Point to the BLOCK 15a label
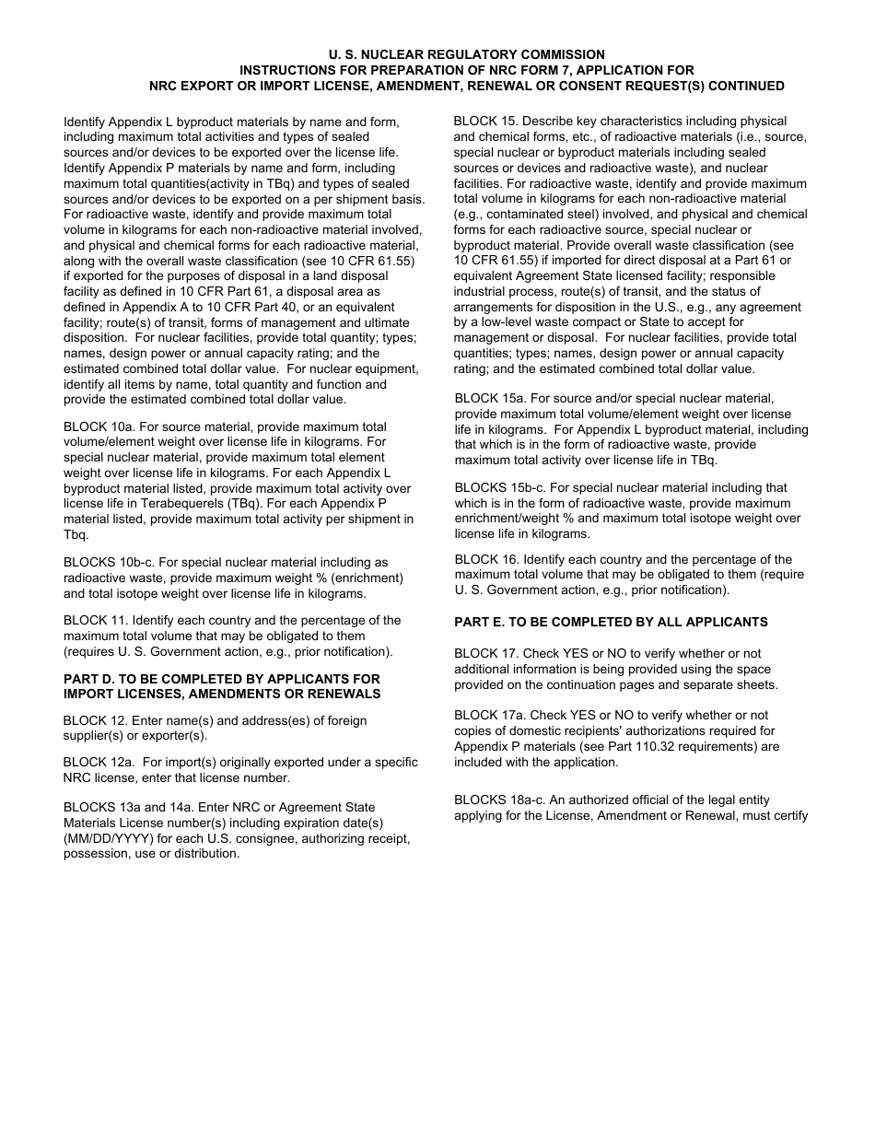pyautogui.click(x=489, y=399)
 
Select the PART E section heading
pyautogui.click(x=611, y=623)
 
